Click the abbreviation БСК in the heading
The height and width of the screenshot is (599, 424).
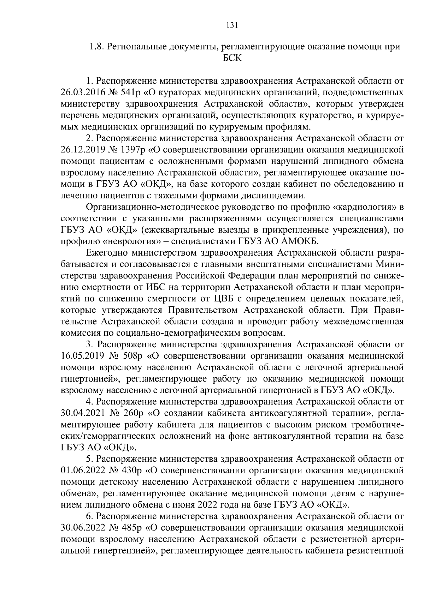click(x=232, y=58)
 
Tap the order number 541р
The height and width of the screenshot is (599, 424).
click(x=129, y=93)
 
